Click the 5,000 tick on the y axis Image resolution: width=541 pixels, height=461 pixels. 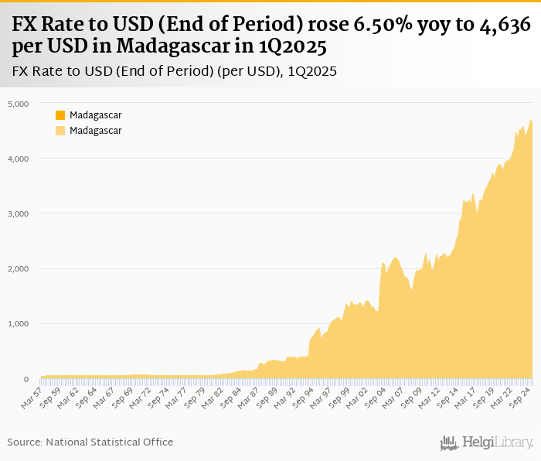coord(18,104)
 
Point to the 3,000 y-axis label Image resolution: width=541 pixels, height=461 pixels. coord(18,214)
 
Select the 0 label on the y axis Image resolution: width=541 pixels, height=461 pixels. coord(26,380)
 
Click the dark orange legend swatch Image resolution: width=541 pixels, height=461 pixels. coord(60,115)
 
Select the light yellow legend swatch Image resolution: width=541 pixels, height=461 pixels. coord(60,131)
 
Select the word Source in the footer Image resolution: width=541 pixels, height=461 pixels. coord(24,442)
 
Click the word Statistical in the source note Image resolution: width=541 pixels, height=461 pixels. coord(116,442)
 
